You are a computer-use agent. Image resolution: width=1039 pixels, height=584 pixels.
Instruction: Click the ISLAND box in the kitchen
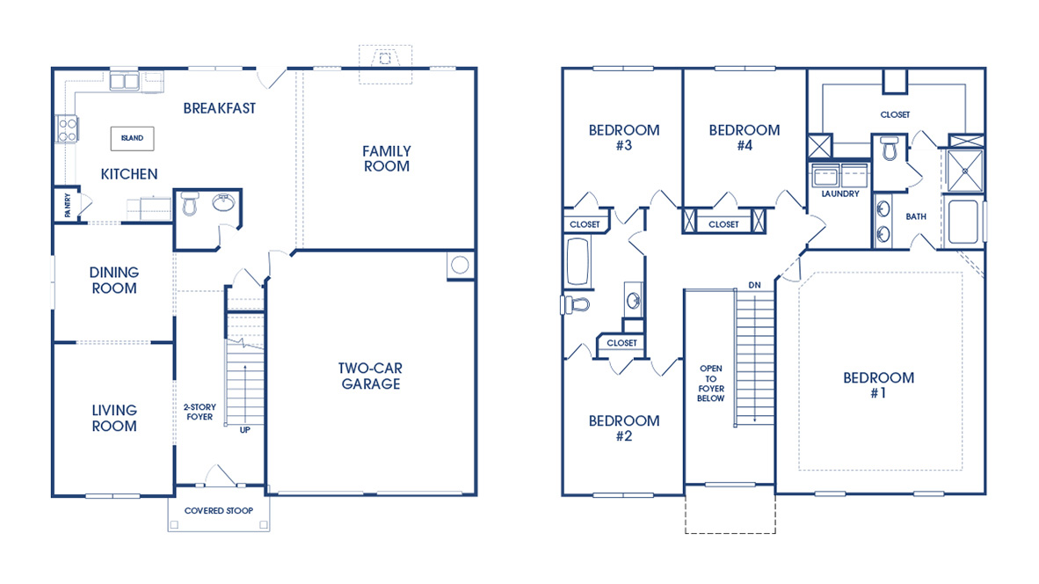(132, 138)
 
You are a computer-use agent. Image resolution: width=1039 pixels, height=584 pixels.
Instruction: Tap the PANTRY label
(67, 206)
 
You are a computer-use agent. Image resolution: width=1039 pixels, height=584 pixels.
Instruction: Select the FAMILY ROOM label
(386, 158)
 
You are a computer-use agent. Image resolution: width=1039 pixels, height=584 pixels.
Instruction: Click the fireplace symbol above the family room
(383, 60)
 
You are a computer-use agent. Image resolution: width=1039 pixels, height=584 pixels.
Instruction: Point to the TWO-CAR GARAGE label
(370, 376)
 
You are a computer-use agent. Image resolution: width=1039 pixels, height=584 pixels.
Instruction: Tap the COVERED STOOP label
(219, 511)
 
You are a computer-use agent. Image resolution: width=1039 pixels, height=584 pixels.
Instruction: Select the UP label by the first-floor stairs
(244, 430)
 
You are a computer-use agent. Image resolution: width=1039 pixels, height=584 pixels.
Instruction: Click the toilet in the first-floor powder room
(190, 205)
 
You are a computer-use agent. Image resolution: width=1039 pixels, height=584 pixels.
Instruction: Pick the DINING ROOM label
(113, 281)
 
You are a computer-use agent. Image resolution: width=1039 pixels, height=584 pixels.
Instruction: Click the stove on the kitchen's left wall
(67, 129)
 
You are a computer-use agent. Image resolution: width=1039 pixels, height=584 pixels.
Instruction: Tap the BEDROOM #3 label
(623, 137)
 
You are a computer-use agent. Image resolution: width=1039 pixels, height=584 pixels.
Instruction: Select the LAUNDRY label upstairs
(839, 193)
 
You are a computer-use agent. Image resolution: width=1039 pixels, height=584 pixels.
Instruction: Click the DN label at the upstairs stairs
(754, 285)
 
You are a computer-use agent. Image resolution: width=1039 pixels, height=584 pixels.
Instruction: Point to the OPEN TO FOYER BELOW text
(711, 383)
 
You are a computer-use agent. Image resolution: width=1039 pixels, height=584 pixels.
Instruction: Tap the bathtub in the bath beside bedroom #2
(578, 262)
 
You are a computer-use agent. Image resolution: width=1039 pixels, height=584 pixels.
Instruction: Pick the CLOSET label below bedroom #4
(723, 224)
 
